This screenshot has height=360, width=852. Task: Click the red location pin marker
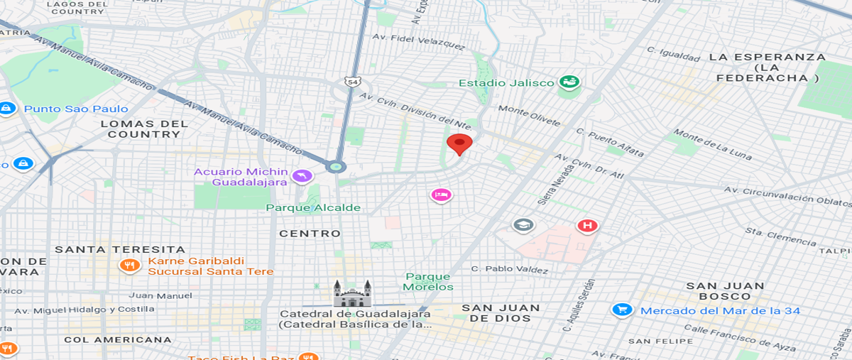(x=459, y=144)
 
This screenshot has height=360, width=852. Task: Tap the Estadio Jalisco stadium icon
(x=569, y=82)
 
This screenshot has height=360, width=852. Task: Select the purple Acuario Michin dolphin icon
(x=302, y=175)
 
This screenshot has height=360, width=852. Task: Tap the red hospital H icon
(x=587, y=226)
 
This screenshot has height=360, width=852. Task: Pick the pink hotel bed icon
(x=441, y=195)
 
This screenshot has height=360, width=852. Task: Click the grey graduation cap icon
(x=523, y=225)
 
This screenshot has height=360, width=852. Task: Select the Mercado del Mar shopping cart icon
(x=622, y=310)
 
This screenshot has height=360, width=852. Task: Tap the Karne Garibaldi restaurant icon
(x=129, y=266)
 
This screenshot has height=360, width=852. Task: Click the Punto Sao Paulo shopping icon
(x=6, y=109)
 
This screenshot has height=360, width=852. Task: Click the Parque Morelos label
(x=428, y=282)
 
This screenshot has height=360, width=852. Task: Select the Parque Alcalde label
(x=313, y=207)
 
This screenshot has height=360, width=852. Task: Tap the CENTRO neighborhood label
(x=310, y=233)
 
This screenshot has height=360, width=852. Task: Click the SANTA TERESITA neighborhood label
(x=120, y=249)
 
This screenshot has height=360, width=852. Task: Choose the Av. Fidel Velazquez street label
(x=419, y=42)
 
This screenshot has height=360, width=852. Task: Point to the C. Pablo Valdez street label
(x=510, y=270)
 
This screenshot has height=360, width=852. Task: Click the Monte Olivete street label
(x=529, y=116)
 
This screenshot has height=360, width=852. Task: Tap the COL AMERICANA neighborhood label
(x=118, y=339)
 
